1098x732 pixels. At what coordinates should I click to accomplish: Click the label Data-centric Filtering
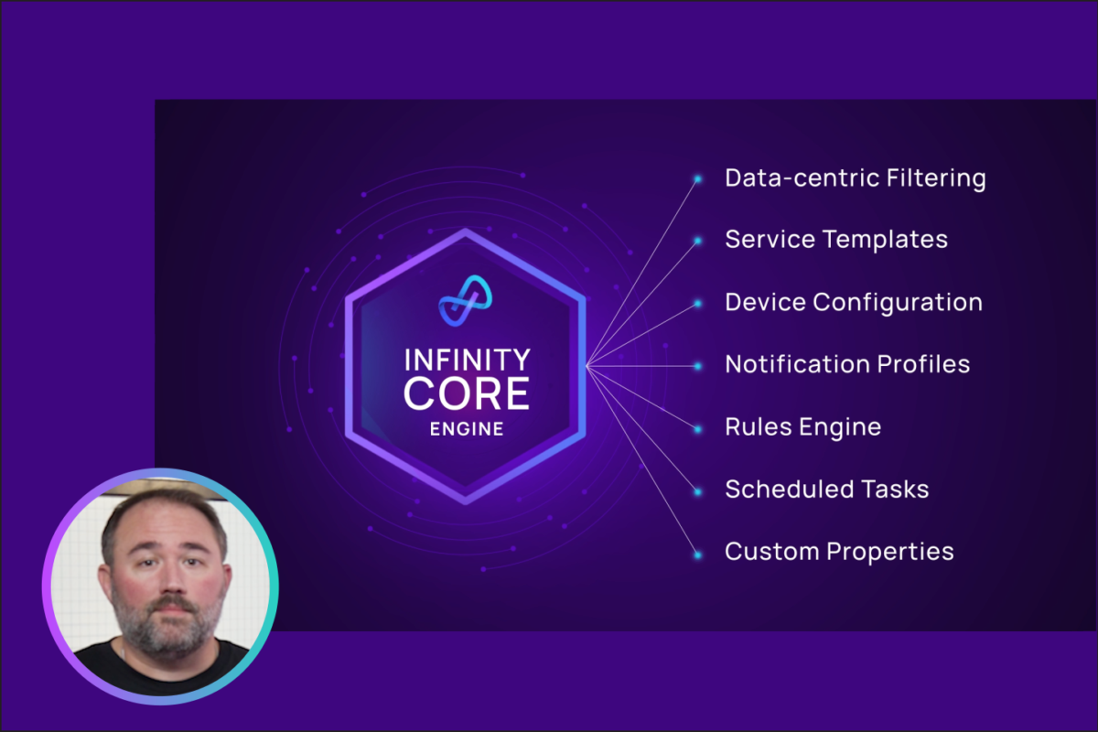(856, 178)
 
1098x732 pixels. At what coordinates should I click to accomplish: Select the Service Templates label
(836, 240)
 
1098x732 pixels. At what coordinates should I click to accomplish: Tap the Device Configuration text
(854, 303)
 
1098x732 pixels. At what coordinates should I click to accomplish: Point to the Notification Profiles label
(847, 364)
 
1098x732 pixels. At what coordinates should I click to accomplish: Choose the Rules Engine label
(803, 427)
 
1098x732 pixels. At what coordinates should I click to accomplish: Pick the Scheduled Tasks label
(827, 489)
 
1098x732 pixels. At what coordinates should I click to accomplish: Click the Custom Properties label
(839, 552)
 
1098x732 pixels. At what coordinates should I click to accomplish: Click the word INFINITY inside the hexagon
(468, 360)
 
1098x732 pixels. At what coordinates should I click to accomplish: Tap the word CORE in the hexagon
(466, 393)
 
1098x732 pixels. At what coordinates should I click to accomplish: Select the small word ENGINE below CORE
(467, 429)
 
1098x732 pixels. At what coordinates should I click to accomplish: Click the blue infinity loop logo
(465, 300)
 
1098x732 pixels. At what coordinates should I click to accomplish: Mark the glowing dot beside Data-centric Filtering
(697, 179)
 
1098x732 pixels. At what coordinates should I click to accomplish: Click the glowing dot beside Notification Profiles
(697, 366)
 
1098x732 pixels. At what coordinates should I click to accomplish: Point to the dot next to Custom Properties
(697, 555)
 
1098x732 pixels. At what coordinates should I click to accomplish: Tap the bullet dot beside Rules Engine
(697, 429)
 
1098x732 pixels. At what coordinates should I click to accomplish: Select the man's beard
(167, 623)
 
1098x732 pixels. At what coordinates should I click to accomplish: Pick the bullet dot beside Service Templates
(697, 241)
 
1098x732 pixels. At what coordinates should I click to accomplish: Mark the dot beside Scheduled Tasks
(697, 491)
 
